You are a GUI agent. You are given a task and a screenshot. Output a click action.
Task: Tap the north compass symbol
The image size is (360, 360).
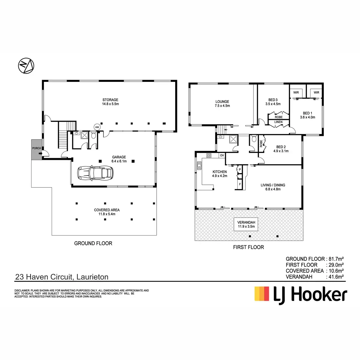26,65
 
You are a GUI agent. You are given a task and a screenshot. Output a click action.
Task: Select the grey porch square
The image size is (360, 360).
37,149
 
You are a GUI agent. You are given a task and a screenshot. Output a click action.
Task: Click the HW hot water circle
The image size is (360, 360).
97,127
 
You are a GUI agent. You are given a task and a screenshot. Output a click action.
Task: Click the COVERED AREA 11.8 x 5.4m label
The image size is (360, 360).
107,212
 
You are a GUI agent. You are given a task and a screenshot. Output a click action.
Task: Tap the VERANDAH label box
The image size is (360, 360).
246,224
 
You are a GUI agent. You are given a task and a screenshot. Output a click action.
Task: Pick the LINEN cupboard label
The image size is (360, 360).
278,122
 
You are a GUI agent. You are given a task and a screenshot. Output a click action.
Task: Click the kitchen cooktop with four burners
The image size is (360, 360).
209,155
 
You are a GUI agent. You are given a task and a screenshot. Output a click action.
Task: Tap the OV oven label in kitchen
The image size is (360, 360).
222,155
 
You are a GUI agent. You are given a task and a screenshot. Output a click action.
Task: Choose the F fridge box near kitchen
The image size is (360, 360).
240,184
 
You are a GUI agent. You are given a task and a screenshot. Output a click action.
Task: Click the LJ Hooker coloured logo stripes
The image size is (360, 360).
262,294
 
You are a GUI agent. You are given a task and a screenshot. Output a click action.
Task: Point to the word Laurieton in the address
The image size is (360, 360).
92,277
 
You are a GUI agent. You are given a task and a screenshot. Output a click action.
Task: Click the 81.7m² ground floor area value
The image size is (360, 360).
335,259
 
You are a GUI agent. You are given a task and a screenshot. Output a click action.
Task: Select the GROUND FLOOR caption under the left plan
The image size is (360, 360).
93,243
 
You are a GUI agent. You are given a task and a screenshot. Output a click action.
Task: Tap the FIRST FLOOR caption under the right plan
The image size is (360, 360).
248,247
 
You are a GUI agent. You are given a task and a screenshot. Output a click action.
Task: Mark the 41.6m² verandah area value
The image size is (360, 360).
335,277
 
